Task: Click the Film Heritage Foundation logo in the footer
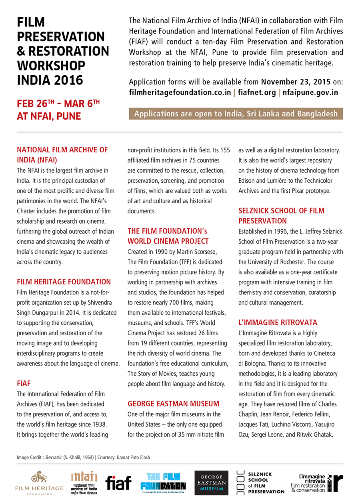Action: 39,483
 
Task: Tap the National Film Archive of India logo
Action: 84,482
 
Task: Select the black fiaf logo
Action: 118,483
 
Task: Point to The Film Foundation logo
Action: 163,482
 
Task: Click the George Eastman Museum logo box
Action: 211,482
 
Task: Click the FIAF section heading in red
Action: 24,384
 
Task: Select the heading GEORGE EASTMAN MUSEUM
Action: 173,404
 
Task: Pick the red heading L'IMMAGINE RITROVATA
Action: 278,322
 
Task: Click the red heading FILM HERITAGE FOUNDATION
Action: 64,282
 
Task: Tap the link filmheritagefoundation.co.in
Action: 180,93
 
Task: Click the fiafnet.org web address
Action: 257,93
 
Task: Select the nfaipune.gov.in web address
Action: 310,93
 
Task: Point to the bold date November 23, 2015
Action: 296,82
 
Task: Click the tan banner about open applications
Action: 236,114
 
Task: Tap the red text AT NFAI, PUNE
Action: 49,116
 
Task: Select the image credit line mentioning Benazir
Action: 83,457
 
